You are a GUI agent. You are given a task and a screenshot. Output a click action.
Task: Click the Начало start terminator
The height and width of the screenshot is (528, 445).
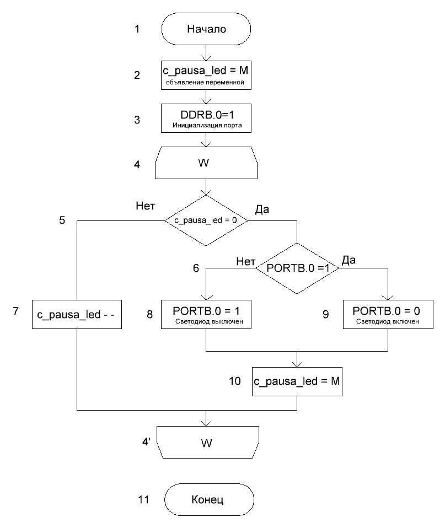(x=206, y=29)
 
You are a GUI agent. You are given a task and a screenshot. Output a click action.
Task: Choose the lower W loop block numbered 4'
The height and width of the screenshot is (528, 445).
(x=206, y=442)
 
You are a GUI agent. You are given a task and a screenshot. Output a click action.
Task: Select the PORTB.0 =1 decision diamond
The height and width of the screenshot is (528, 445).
(x=297, y=268)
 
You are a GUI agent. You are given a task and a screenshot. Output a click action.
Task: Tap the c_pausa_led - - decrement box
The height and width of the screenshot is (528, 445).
(x=77, y=314)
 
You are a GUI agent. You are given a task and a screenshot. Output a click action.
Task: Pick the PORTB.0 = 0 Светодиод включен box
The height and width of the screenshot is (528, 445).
(x=388, y=314)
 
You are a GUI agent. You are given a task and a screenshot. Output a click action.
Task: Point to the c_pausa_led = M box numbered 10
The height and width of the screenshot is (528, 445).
(x=297, y=381)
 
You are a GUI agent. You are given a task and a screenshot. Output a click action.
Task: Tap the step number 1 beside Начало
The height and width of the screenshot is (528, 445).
(x=137, y=29)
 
